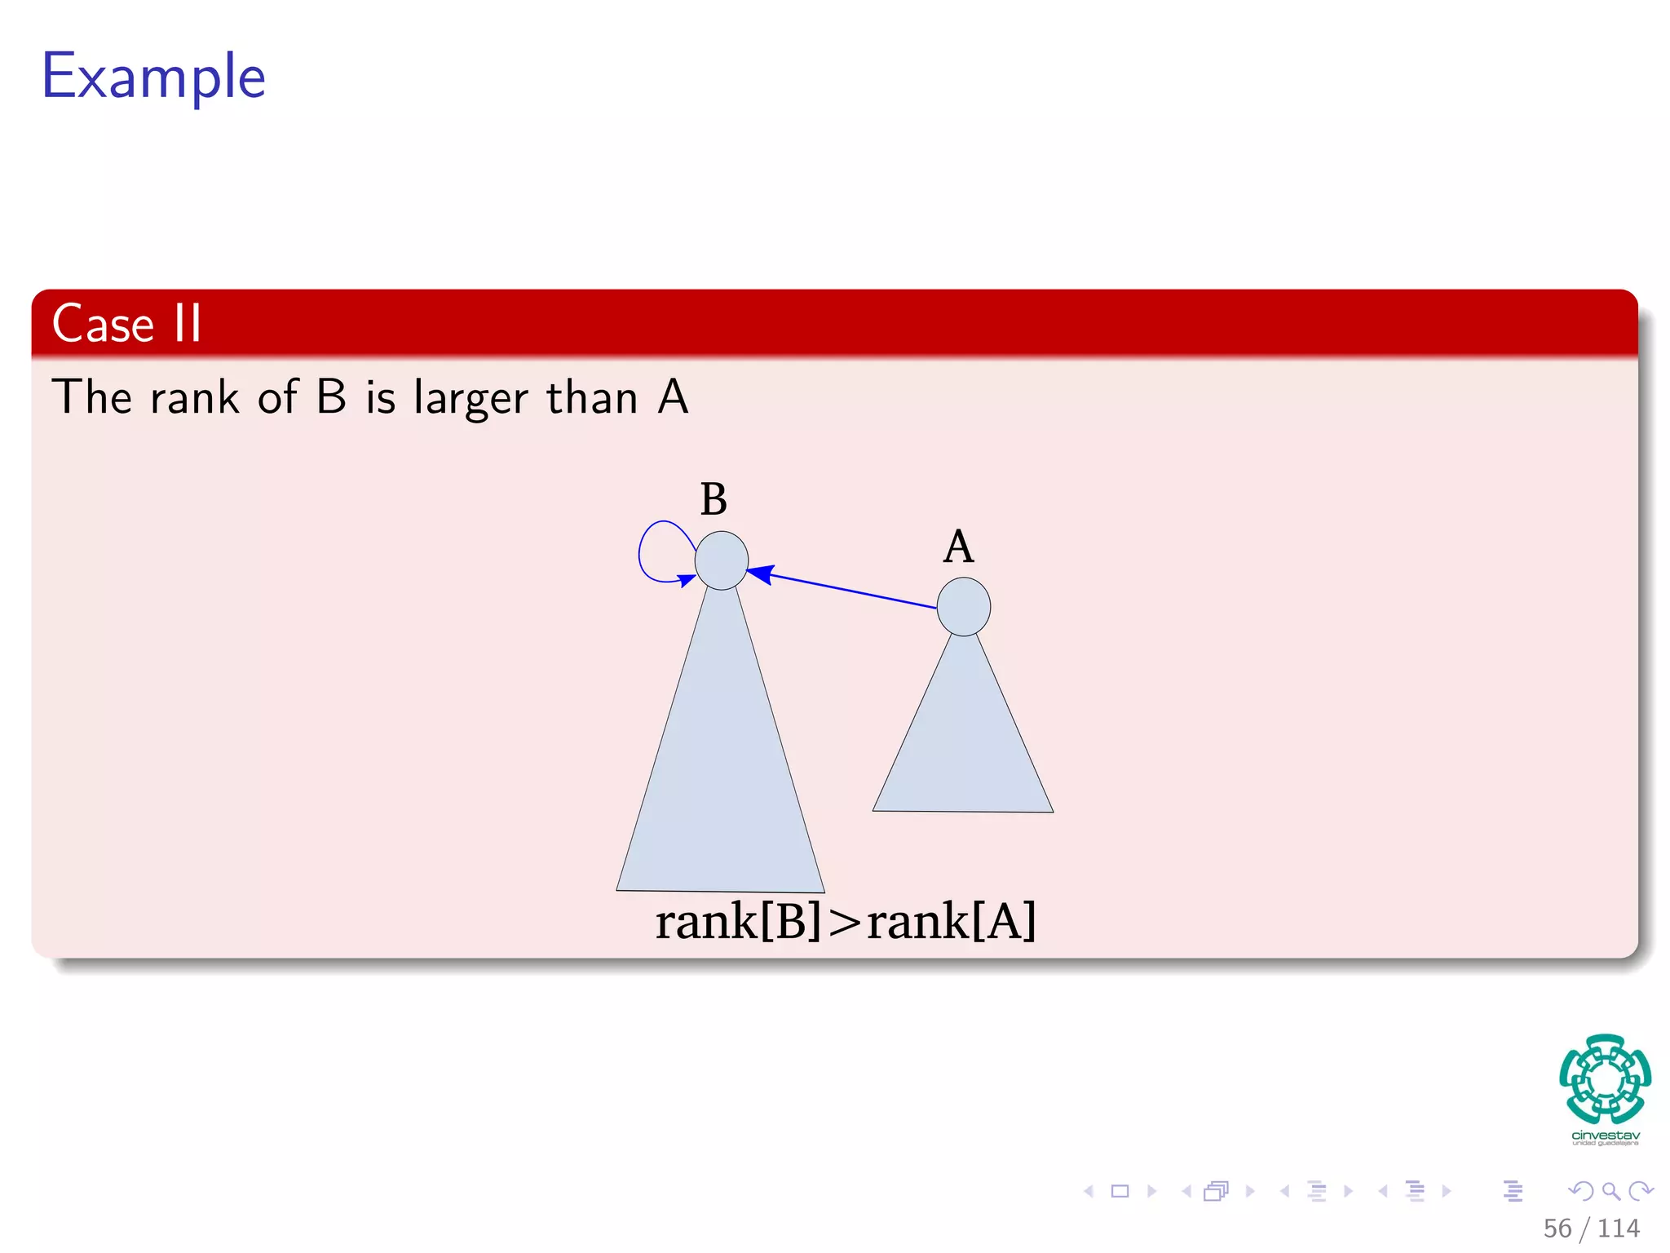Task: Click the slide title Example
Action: pos(153,77)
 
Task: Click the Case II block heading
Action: pos(126,323)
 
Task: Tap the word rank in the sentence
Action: pos(195,398)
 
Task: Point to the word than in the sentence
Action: pos(591,398)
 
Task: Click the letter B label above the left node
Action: pos(714,499)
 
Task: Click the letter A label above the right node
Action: pos(959,547)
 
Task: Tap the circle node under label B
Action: pos(722,560)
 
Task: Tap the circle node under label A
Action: pos(964,607)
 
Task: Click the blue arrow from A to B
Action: pos(848,590)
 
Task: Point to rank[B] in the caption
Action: pos(739,921)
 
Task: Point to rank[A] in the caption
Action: pos(951,921)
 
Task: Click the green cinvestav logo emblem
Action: pos(1605,1078)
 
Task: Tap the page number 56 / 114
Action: pos(1591,1228)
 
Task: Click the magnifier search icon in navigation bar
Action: pos(1610,1191)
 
